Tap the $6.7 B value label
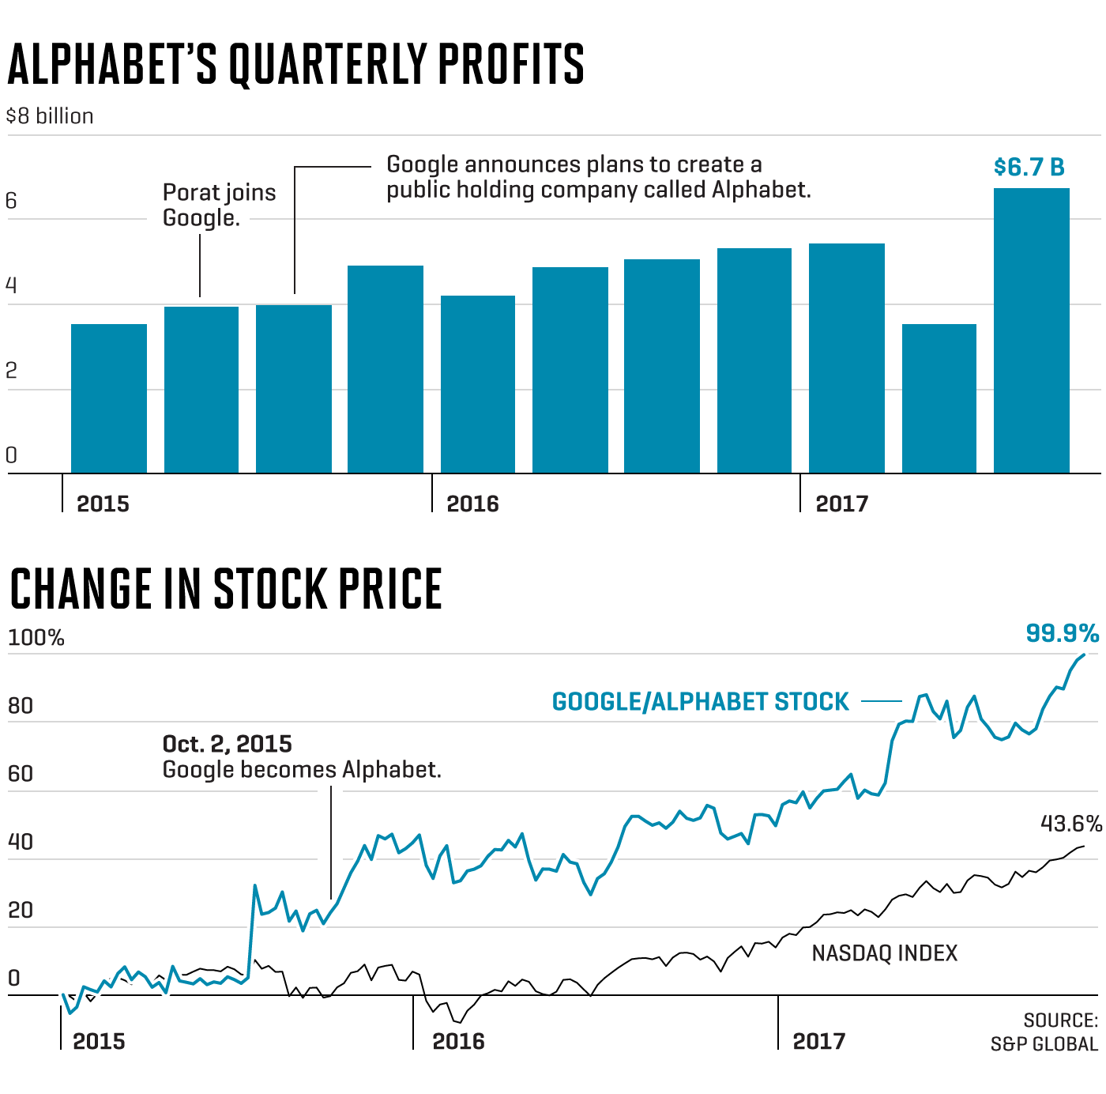(x=1029, y=168)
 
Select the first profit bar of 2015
(x=109, y=398)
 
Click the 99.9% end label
(x=1062, y=633)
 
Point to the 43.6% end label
(x=1070, y=824)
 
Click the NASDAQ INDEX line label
(x=884, y=953)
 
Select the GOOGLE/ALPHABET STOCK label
(x=700, y=702)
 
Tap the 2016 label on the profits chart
(x=472, y=504)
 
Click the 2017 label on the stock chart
(x=818, y=1041)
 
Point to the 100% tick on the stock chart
(x=36, y=638)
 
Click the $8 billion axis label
(x=50, y=116)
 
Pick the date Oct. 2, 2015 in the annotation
(x=227, y=744)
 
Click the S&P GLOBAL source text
(x=1044, y=1044)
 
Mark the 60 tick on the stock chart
(x=20, y=774)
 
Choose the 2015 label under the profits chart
(x=103, y=504)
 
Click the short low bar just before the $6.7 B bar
(x=939, y=398)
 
